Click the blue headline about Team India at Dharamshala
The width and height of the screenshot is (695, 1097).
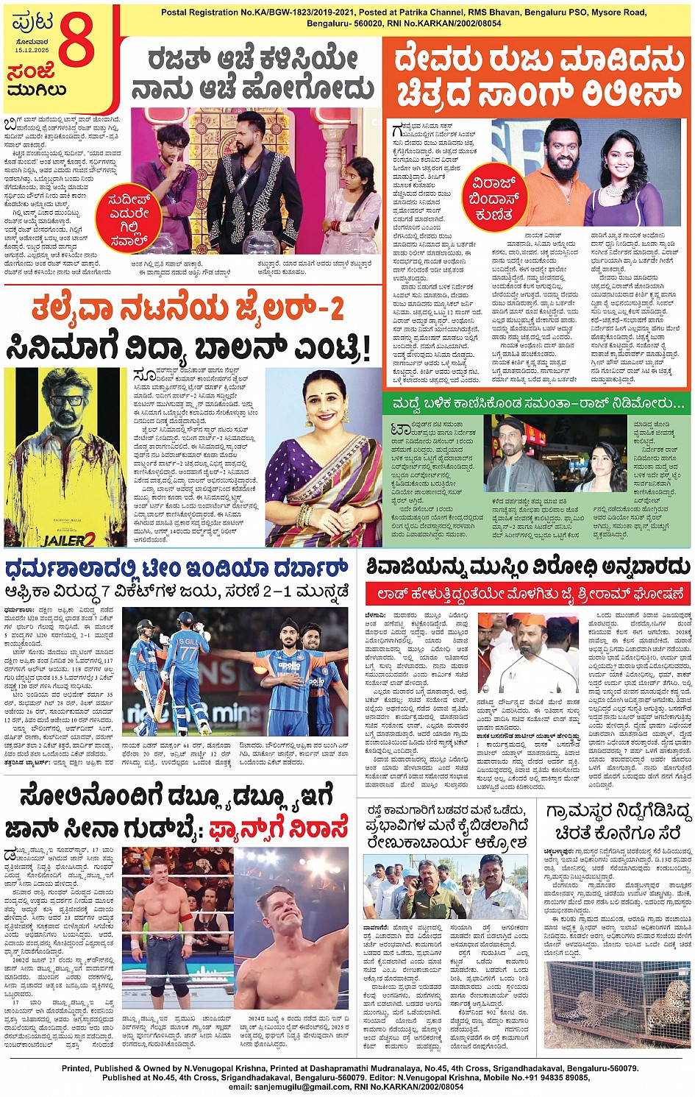[177, 569]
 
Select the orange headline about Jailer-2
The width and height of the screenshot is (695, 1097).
[188, 310]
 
